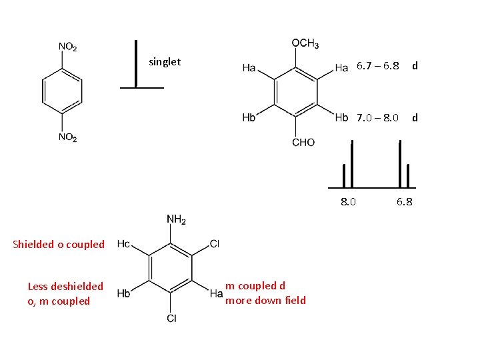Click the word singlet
point(165,63)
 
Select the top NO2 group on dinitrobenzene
point(67,47)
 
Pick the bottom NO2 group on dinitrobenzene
point(67,137)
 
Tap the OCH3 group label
point(305,43)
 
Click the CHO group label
point(303,143)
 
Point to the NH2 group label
point(176,219)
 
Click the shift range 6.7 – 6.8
point(378,66)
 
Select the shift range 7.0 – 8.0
point(377,118)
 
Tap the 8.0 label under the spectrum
point(348,202)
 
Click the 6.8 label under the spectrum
point(405,202)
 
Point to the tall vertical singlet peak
point(136,64)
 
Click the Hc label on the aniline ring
point(123,244)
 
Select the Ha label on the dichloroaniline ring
point(216,293)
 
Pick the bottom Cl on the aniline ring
point(171,319)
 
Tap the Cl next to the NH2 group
point(215,244)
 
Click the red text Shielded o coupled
point(59,244)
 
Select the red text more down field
point(265,300)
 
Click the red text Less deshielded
point(65,286)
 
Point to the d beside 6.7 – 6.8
point(415,66)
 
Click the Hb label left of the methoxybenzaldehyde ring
point(249,117)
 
